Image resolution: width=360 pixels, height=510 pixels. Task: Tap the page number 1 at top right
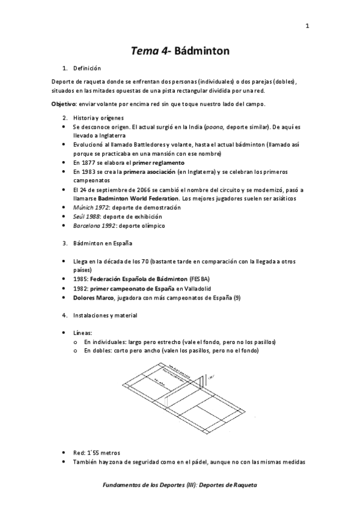307,25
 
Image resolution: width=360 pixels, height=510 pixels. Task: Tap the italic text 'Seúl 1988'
85,216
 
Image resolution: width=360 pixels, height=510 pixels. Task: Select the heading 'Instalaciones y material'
105,315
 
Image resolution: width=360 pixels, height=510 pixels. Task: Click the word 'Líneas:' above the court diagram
82,332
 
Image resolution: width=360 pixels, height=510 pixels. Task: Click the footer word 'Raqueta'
243,484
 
